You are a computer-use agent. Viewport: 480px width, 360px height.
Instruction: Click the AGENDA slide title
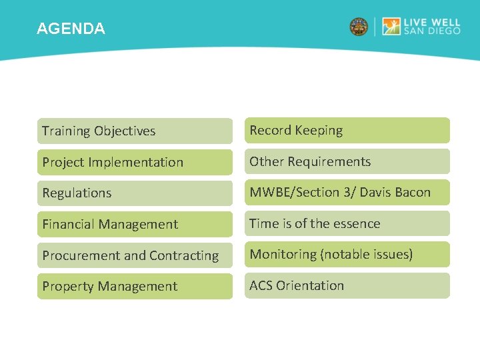[71, 29]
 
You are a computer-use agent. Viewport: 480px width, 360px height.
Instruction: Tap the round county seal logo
[359, 27]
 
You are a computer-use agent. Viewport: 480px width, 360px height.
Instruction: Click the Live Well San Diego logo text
[431, 27]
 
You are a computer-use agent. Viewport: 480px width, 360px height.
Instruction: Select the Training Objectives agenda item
[135, 131]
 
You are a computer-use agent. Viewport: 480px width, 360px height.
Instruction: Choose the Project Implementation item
[135, 162]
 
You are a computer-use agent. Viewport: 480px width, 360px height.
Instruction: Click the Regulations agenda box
[135, 193]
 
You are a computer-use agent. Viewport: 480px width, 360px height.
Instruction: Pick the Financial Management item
[135, 224]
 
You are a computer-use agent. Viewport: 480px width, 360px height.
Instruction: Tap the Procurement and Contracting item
[135, 255]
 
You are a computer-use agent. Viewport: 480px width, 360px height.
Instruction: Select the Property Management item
[135, 286]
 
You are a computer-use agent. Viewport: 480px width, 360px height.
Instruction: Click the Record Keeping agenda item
[347, 130]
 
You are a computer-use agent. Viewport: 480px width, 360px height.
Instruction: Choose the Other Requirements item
[347, 161]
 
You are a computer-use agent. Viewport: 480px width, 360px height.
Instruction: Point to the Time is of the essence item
[347, 223]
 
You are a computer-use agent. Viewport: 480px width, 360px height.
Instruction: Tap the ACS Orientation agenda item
[347, 285]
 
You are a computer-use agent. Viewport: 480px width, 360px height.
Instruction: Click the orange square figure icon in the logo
[391, 27]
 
